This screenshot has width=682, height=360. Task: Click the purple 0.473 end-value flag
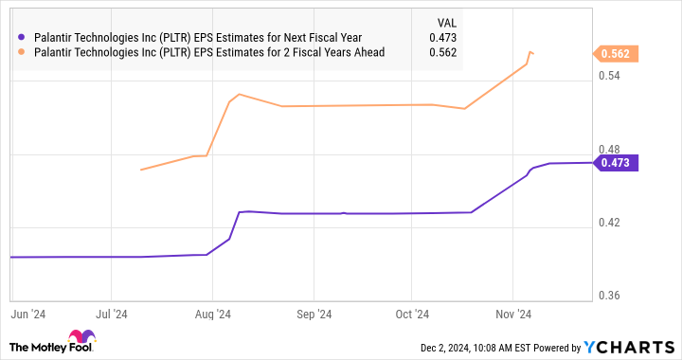click(617, 163)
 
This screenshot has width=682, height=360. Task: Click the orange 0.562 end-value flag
click(617, 53)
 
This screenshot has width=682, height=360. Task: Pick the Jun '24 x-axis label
click(27, 312)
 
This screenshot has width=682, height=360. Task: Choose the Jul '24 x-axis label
click(112, 312)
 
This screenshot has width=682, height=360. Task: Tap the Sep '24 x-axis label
click(313, 312)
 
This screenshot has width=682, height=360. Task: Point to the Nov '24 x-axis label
click(511, 312)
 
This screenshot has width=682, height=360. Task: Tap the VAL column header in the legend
click(444, 20)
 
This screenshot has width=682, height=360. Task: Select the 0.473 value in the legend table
click(442, 37)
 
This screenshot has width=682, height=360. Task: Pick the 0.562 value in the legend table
click(442, 53)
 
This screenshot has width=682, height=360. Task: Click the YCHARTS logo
click(634, 347)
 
